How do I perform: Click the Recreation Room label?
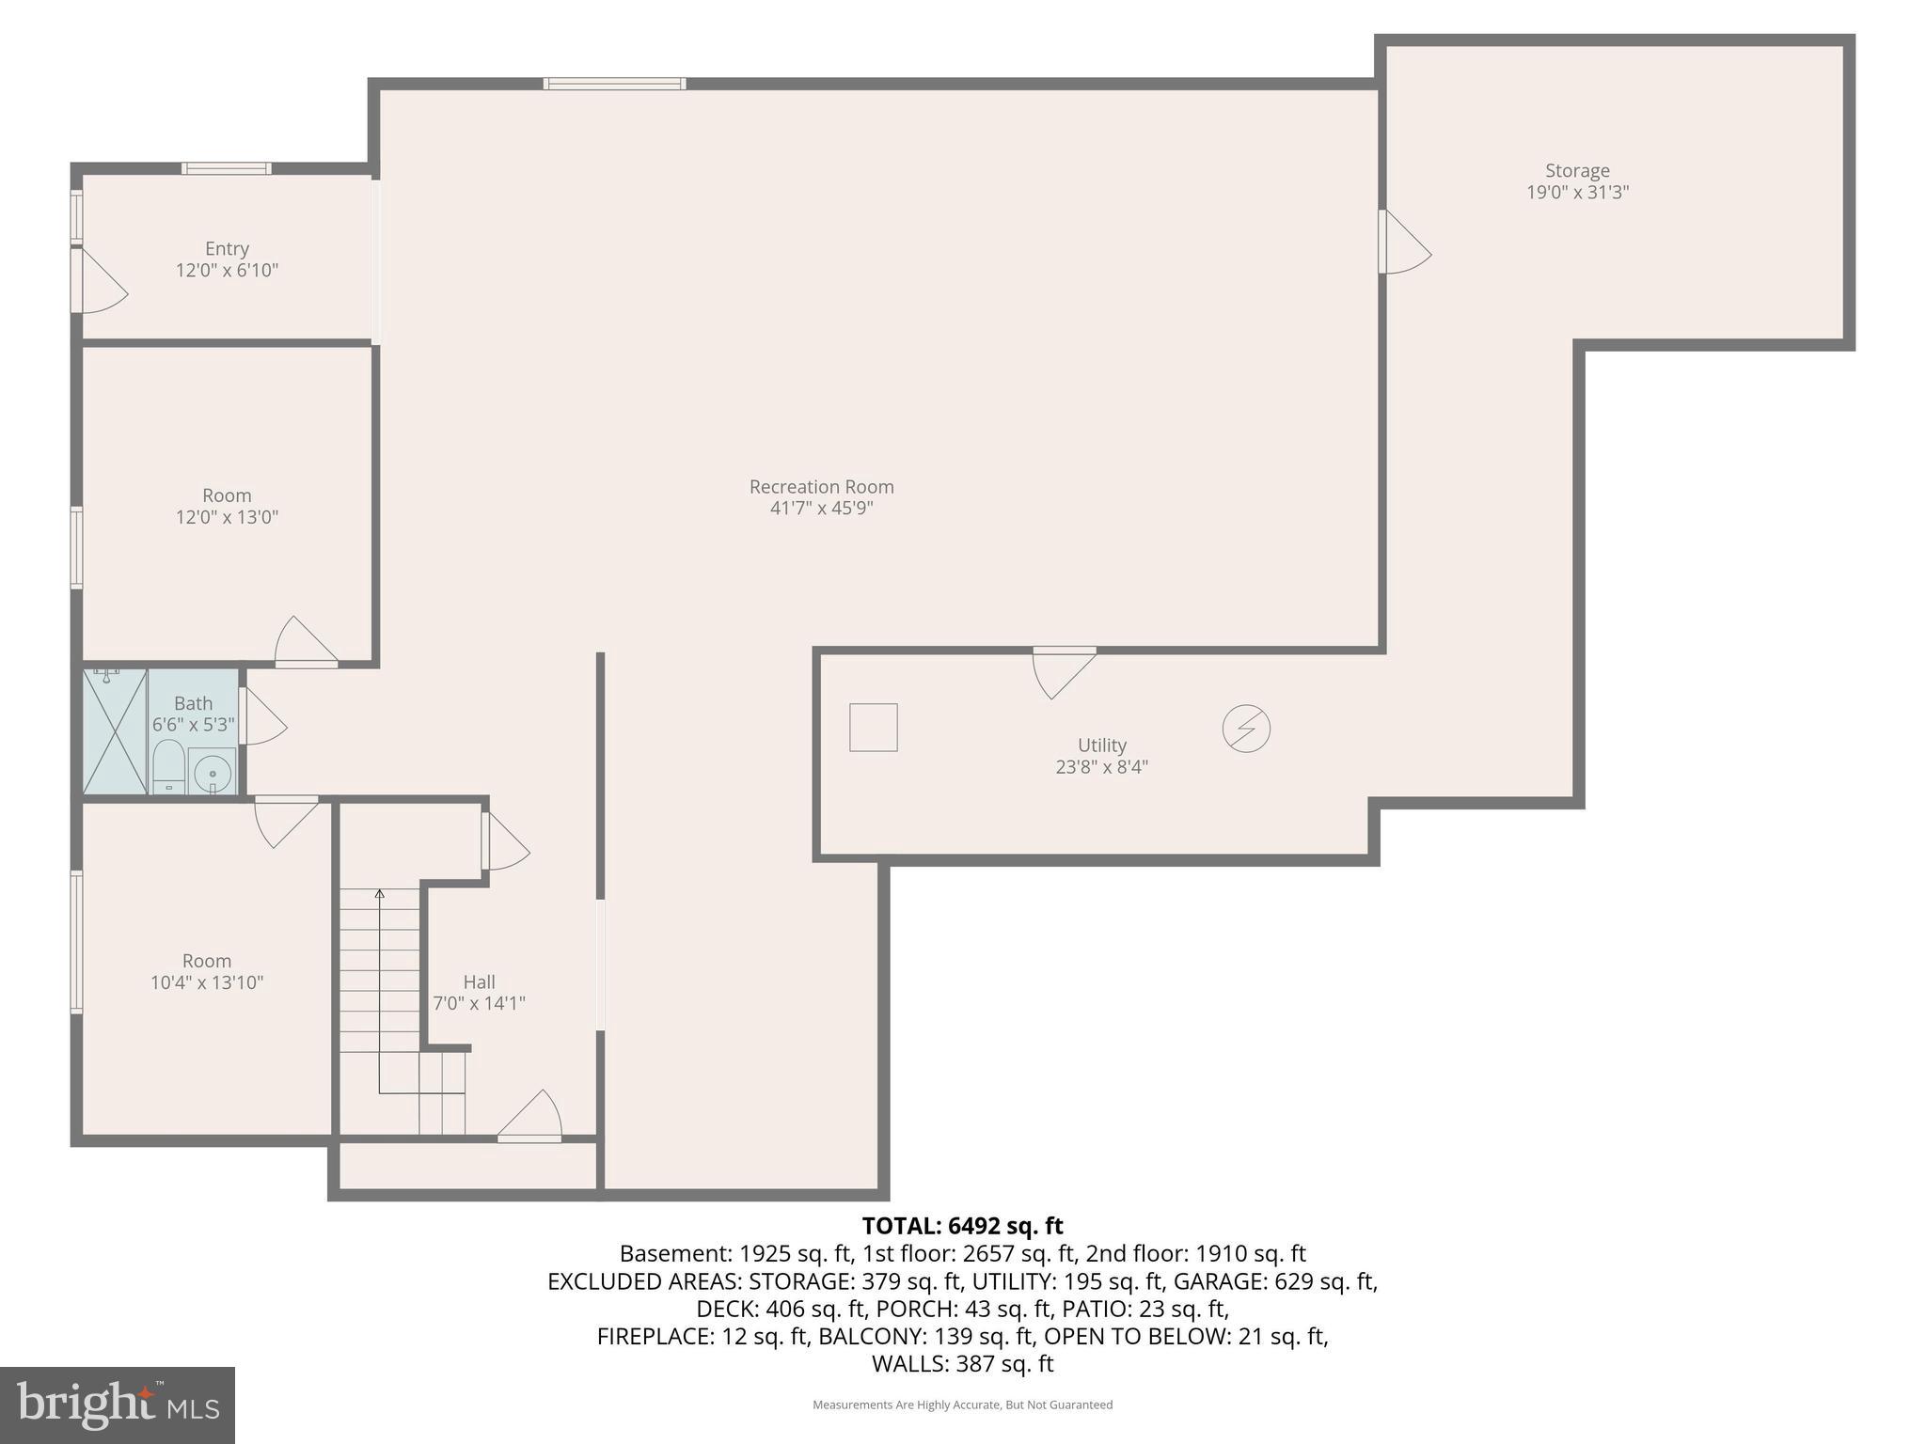click(x=821, y=487)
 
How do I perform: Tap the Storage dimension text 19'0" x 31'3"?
click(x=1577, y=193)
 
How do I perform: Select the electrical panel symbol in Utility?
click(x=1246, y=729)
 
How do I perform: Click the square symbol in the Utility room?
click(x=873, y=728)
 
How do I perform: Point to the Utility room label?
click(x=1101, y=746)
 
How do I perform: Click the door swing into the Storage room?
click(x=1405, y=243)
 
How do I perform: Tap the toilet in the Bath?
click(x=168, y=766)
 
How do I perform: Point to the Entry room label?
click(x=227, y=249)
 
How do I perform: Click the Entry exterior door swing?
click(x=102, y=281)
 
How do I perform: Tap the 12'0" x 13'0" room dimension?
click(x=227, y=517)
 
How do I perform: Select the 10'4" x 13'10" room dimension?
click(x=207, y=982)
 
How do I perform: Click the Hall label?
click(x=479, y=982)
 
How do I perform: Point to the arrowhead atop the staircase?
click(x=380, y=894)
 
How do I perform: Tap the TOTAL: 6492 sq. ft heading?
click(x=962, y=1226)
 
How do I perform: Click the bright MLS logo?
click(x=117, y=1405)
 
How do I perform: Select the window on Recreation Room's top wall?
click(x=615, y=84)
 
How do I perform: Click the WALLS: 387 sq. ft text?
click(x=962, y=1363)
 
